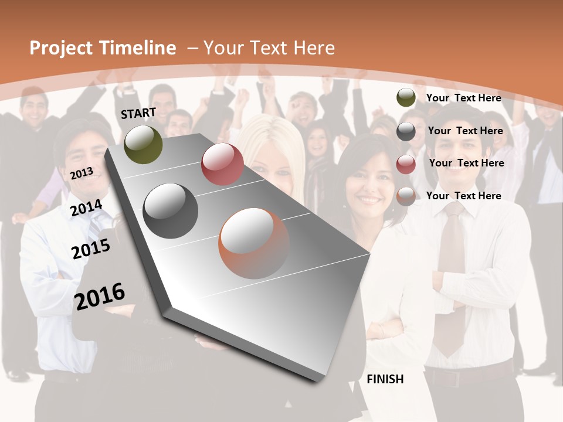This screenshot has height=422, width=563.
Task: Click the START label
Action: pos(138,113)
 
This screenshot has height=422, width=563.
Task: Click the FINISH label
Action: pos(385,379)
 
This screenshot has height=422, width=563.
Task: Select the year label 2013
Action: pos(82,173)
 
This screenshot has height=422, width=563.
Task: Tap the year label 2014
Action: pos(86,208)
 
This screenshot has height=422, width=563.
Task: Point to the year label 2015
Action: pos(90,249)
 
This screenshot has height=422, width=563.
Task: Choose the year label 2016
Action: pos(100,296)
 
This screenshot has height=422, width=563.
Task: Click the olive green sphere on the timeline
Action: pos(143,144)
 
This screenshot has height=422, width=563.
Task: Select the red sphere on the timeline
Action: pos(222,164)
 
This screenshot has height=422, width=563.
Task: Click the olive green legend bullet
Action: pos(406,98)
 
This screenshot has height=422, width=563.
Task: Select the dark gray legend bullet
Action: pos(406,131)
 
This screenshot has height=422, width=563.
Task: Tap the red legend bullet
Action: pos(406,164)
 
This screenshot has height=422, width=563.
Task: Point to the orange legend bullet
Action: pos(406,196)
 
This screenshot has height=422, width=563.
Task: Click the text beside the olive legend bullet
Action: pos(463,98)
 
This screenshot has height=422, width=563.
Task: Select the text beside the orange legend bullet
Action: pos(463,196)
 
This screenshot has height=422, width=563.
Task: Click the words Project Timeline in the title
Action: pos(103,48)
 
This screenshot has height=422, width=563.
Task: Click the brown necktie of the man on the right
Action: pos(452,275)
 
